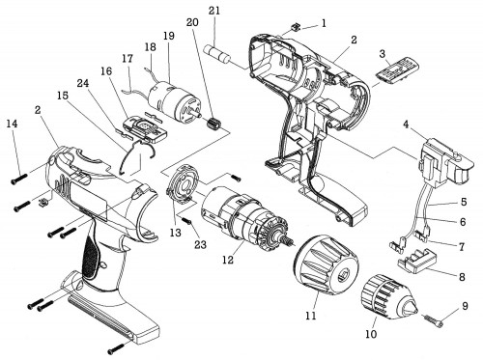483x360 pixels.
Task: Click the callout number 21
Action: [214, 11]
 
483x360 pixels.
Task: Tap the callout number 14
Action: [13, 124]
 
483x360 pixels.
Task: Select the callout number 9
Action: [465, 306]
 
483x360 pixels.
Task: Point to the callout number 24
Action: [83, 83]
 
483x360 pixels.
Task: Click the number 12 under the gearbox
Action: [228, 260]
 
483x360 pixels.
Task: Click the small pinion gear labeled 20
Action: [212, 124]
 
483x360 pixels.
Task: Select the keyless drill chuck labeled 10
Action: [389, 297]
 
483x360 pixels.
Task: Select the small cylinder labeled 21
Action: [217, 54]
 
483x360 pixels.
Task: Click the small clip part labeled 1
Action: [296, 27]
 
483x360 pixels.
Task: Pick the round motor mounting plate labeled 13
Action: [181, 183]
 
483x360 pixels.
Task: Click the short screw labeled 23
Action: [187, 221]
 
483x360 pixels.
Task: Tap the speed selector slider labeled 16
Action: [145, 129]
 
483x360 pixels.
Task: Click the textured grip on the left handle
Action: [92, 256]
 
